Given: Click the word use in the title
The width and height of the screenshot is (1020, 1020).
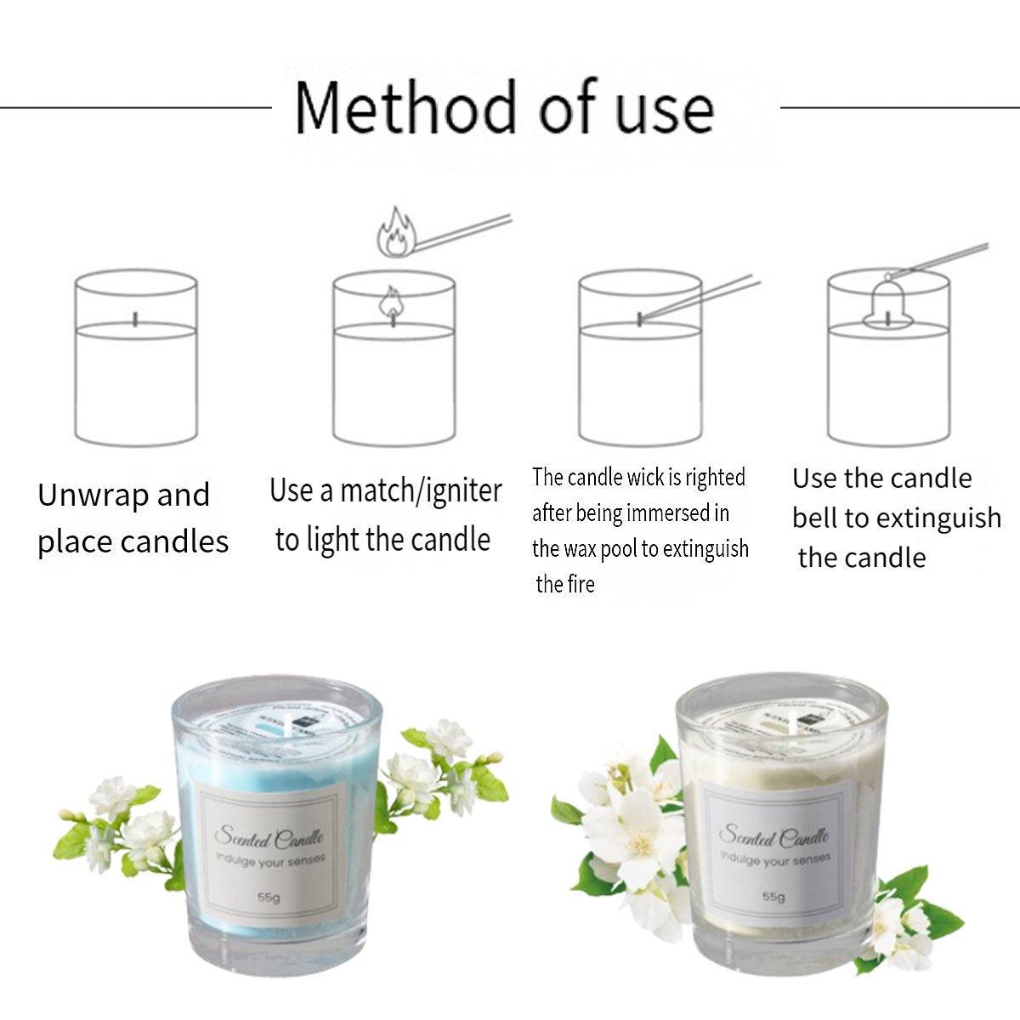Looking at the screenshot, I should coord(664,109).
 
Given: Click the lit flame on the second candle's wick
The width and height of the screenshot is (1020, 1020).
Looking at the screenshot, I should coord(391,303).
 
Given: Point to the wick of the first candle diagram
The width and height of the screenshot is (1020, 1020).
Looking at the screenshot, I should coord(136,319).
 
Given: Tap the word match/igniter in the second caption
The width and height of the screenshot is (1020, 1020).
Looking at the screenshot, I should coord(421,491).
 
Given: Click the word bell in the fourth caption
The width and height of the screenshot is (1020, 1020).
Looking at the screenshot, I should coord(815,518).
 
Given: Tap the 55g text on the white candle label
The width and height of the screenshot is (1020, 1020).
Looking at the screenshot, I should coord(773,897).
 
